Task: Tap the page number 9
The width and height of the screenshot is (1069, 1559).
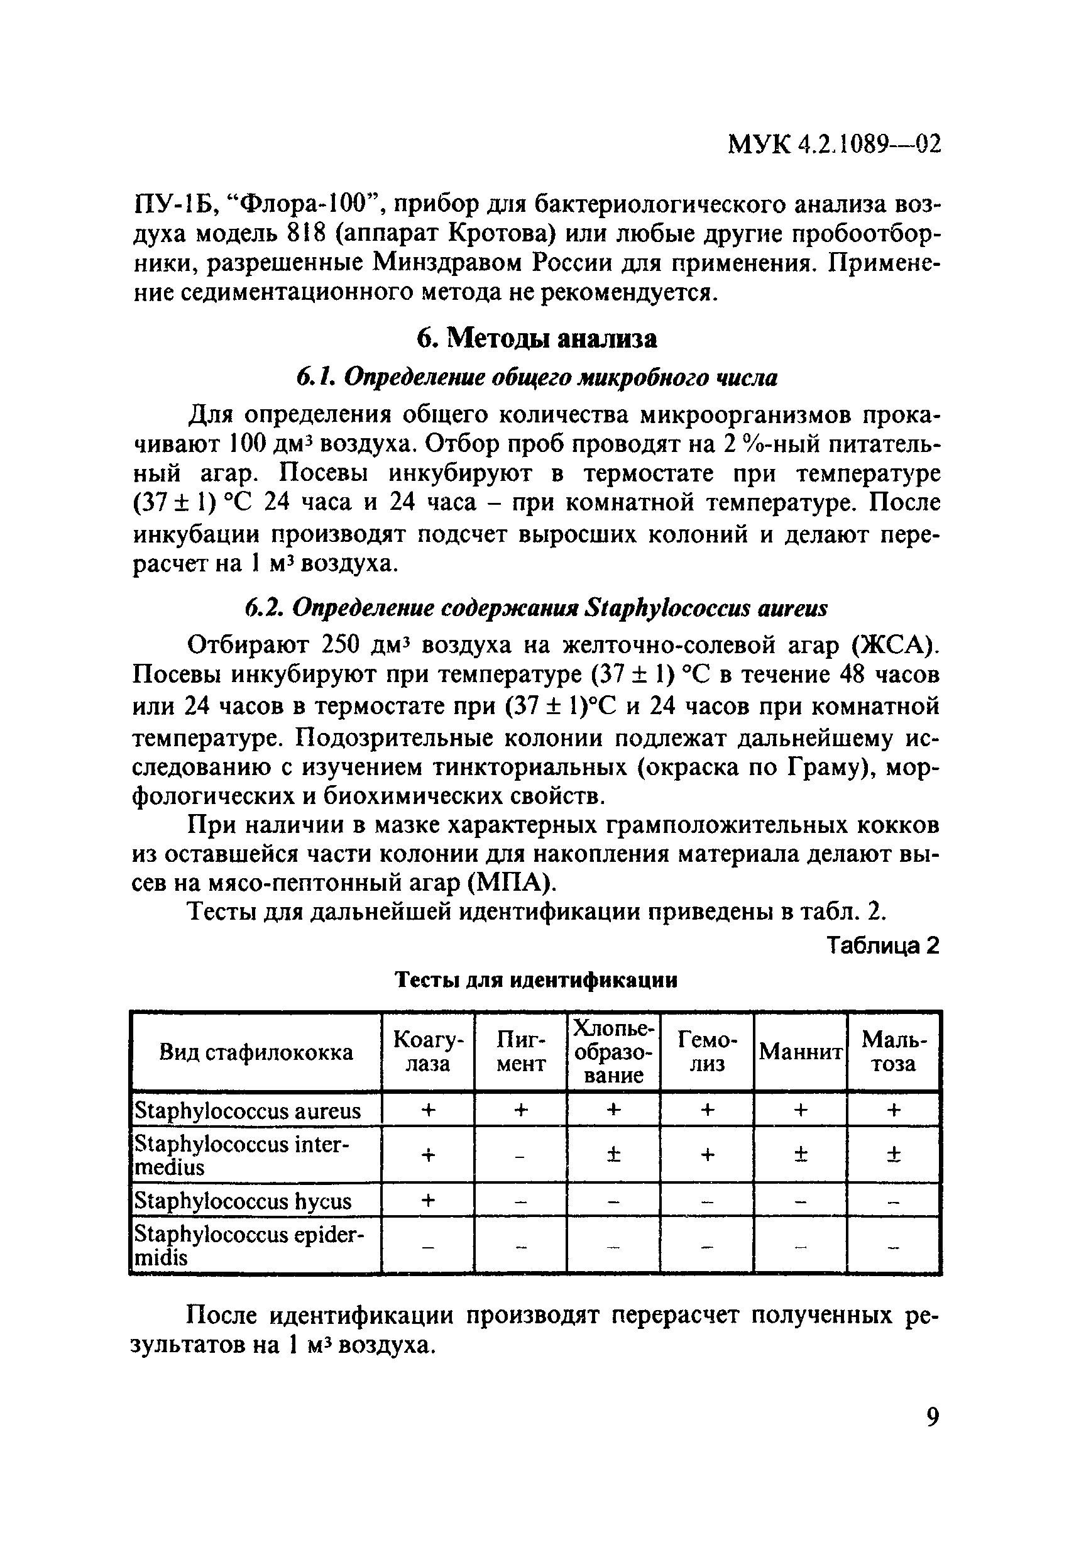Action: coord(932,1417)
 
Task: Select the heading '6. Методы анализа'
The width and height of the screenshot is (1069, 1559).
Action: coord(537,339)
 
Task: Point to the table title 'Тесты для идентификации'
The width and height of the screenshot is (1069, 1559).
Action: coord(536,981)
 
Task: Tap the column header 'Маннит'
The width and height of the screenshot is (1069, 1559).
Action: coord(800,1052)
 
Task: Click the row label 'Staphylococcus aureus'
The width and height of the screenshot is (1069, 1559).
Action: coord(248,1111)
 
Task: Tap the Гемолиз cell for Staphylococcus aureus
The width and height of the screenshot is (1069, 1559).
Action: coord(707,1111)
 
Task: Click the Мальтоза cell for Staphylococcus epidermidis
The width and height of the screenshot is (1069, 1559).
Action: coord(893,1247)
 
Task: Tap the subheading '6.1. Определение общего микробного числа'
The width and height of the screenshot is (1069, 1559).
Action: coord(537,378)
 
